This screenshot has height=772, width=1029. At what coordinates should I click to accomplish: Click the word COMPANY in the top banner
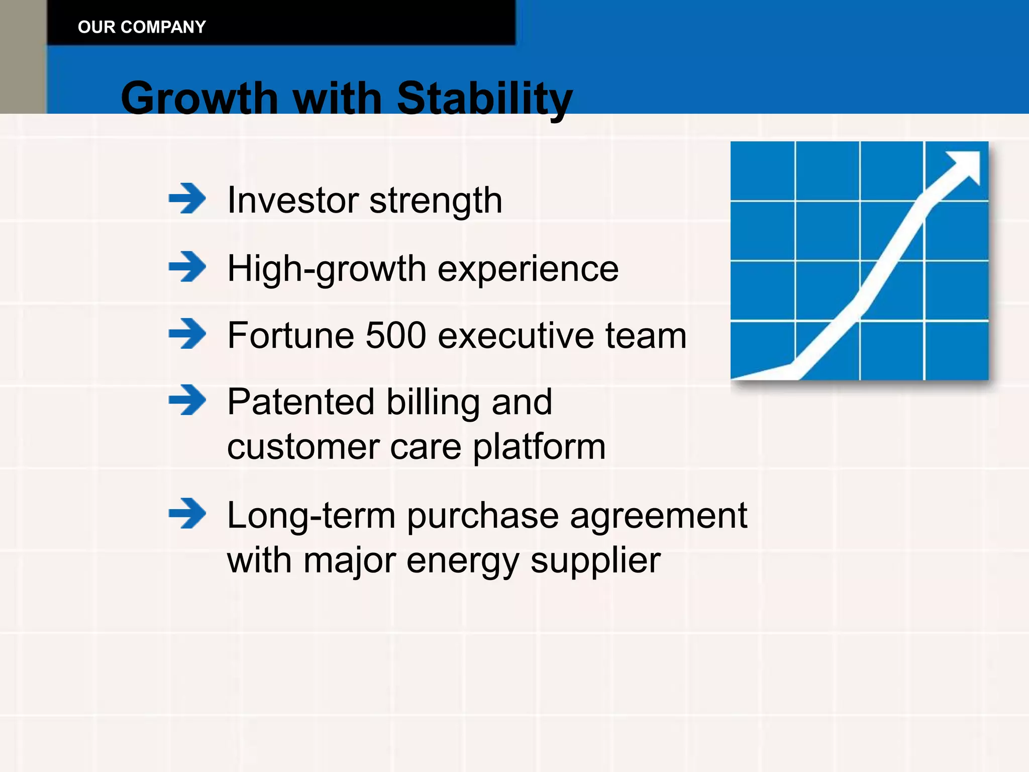tap(163, 27)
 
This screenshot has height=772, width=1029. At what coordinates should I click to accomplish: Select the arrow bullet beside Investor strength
tap(187, 199)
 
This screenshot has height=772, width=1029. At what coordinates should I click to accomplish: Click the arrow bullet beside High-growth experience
tap(187, 266)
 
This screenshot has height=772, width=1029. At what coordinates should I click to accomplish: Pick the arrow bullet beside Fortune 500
tap(187, 333)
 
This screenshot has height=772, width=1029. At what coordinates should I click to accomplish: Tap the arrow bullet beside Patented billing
tap(187, 400)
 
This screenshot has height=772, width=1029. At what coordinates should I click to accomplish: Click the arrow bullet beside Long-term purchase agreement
tap(187, 513)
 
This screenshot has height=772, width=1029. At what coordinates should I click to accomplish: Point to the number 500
tap(396, 335)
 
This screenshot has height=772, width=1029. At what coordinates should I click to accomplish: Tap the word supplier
tap(595, 561)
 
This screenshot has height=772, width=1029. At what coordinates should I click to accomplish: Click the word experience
tap(528, 269)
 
